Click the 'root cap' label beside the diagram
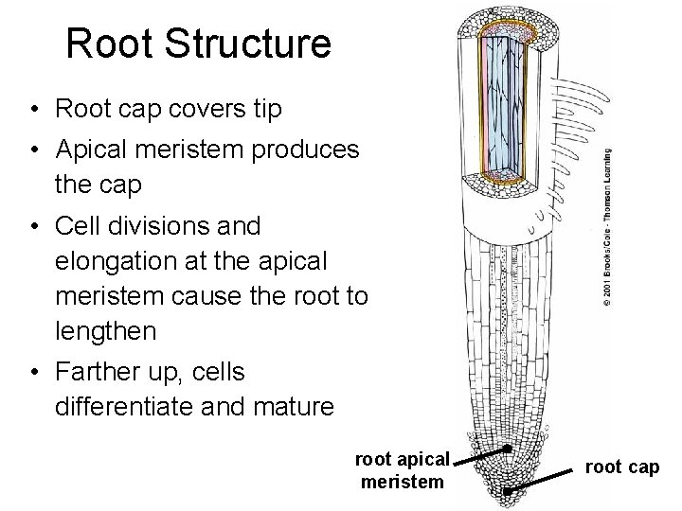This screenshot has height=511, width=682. (x=621, y=467)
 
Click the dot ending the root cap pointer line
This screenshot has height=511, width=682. (x=509, y=491)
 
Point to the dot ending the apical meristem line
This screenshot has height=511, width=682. (x=508, y=447)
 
